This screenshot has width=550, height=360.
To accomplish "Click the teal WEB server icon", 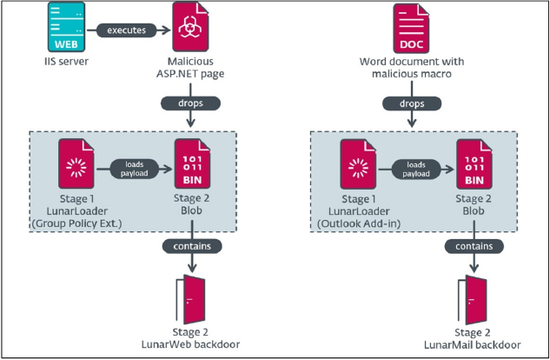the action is (x=66, y=27).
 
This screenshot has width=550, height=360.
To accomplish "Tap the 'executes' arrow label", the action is (x=126, y=30).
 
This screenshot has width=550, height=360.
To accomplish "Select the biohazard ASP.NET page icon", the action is (x=190, y=27).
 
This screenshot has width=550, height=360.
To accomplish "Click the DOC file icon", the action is (x=411, y=29).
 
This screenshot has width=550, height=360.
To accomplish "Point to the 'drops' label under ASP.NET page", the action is (x=190, y=103).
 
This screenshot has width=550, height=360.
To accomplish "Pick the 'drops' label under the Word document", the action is (x=412, y=103).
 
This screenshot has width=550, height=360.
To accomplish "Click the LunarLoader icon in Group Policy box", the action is (x=76, y=163).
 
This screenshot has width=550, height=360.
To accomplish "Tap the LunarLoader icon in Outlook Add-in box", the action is (x=358, y=164).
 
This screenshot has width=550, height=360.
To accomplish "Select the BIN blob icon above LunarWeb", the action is (x=192, y=163).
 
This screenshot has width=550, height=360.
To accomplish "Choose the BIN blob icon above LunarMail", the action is (x=474, y=164).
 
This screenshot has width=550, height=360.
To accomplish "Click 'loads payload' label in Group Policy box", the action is (x=135, y=169).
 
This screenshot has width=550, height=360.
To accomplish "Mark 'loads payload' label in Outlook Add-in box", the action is (x=416, y=170).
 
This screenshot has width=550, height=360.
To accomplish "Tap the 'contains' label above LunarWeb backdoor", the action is (x=192, y=246).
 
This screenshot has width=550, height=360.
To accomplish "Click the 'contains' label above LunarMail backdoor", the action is (x=474, y=246).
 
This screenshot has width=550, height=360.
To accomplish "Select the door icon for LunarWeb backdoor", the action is (x=191, y=299).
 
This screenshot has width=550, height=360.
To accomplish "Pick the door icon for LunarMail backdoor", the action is (x=473, y=300).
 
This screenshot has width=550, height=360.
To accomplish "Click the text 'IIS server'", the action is (x=66, y=62).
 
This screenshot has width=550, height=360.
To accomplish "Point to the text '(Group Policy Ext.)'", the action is (x=76, y=223).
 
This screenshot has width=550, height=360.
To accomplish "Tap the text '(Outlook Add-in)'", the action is (x=359, y=223).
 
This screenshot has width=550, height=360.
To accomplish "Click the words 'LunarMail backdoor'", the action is (x=472, y=345).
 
